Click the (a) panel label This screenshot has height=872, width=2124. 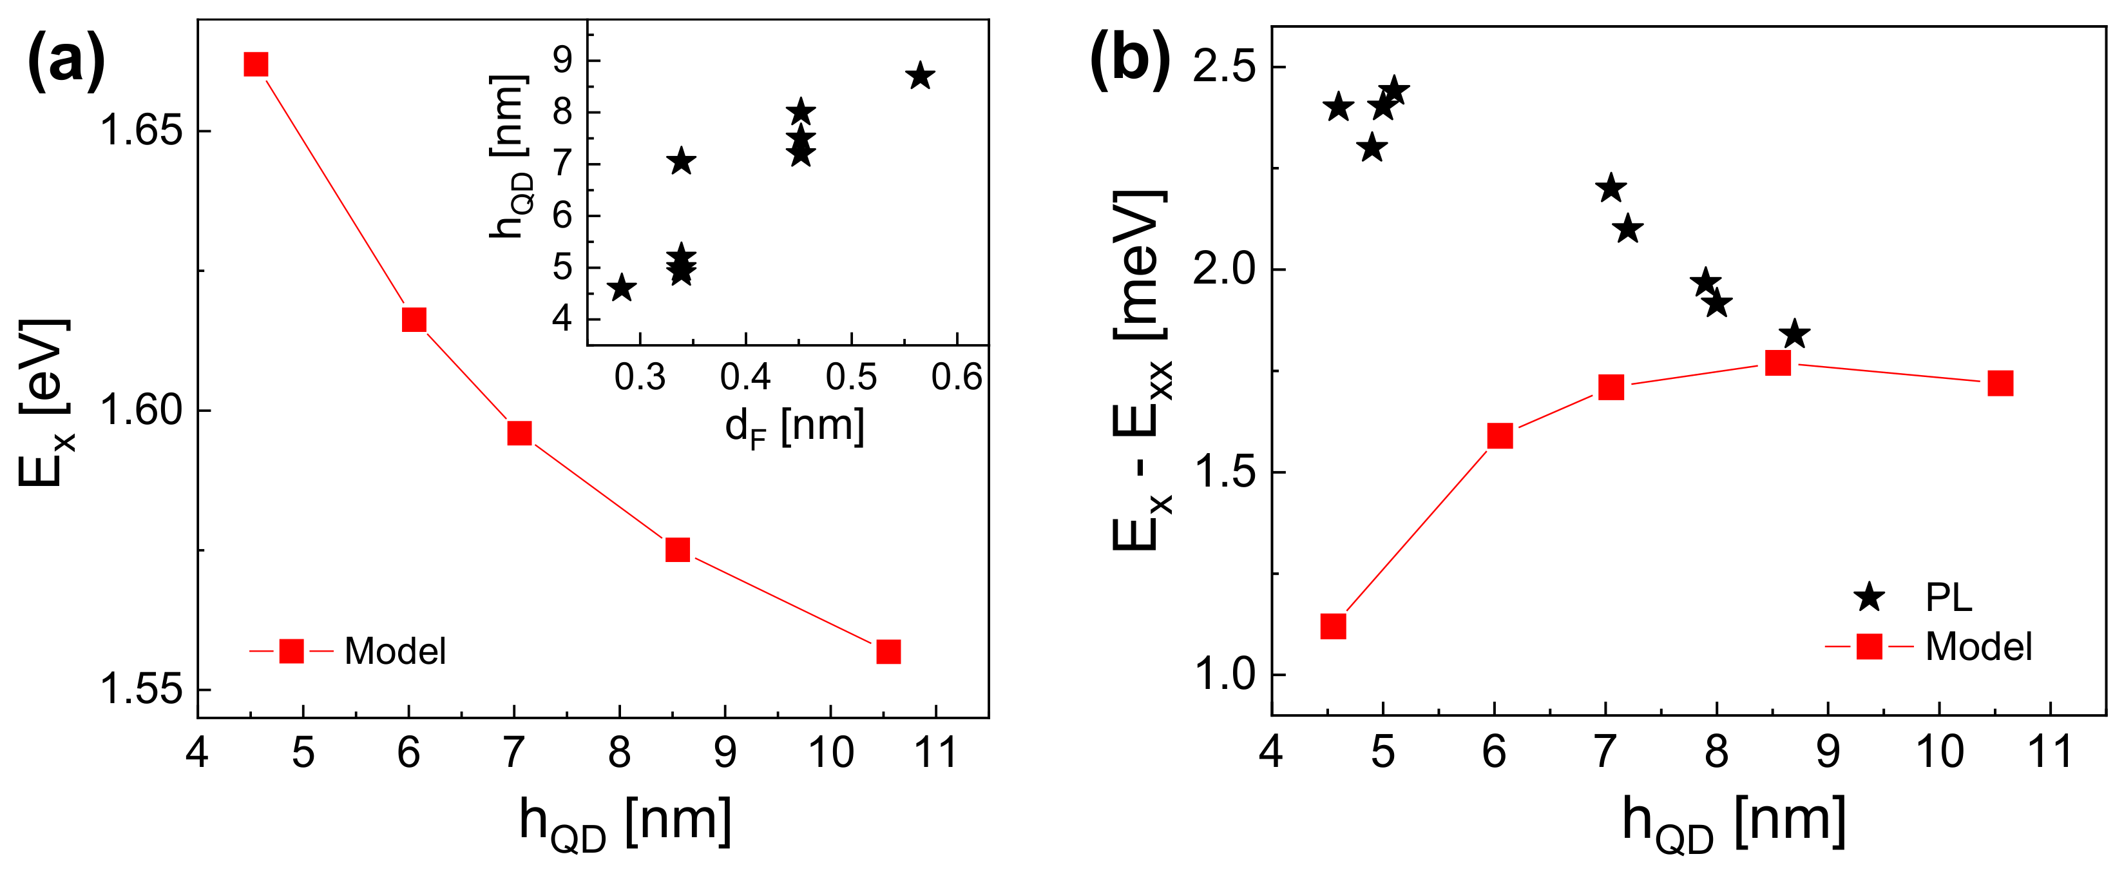[x=66, y=61]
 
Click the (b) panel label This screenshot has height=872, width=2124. [x=1129, y=61]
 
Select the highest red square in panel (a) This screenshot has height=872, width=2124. [x=256, y=64]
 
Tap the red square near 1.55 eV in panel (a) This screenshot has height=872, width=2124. [x=888, y=652]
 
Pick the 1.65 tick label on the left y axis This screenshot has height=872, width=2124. [x=140, y=131]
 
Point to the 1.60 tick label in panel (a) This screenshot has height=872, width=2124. [x=140, y=411]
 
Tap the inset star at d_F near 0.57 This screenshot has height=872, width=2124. [x=920, y=77]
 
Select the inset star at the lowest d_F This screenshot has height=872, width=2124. [x=622, y=289]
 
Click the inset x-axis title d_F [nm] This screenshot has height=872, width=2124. [x=795, y=427]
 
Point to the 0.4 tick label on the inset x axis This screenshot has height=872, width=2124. [x=745, y=378]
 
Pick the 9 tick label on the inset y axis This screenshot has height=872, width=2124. [x=562, y=60]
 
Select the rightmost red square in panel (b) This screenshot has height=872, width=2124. [x=2000, y=383]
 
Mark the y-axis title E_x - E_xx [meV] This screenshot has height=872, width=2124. [x=1142, y=371]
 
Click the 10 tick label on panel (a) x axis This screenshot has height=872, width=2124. [x=830, y=752]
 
